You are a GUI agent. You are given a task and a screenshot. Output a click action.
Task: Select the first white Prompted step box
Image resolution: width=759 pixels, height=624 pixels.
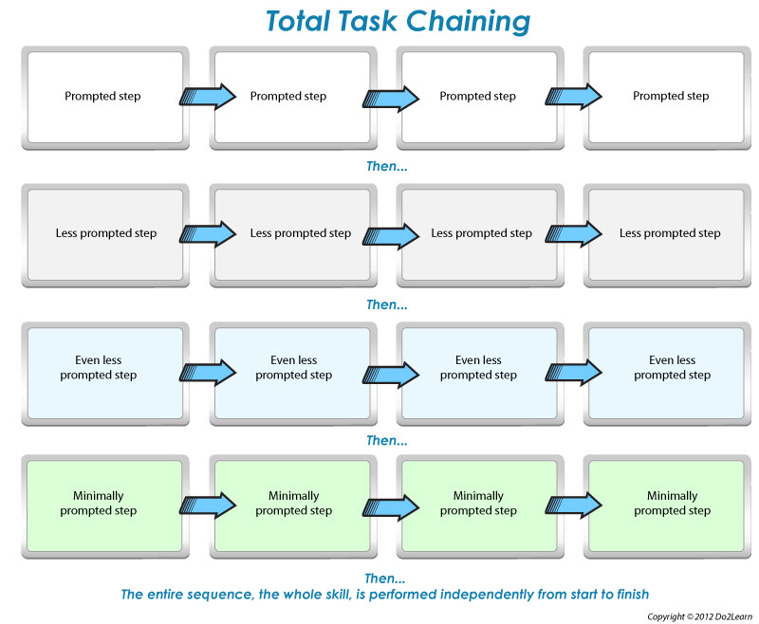[x=102, y=97]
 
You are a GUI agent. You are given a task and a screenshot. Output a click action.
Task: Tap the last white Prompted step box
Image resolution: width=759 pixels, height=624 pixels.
[x=671, y=97]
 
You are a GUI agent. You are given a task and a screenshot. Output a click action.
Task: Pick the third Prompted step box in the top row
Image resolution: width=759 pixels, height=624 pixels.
[x=478, y=97]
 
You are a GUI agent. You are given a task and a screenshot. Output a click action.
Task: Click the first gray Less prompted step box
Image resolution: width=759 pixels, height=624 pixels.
[x=102, y=233]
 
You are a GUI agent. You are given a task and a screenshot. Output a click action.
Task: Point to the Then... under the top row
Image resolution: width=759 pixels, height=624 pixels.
[x=386, y=166]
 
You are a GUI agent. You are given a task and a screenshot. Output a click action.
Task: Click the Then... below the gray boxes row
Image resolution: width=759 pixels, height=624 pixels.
[x=386, y=304]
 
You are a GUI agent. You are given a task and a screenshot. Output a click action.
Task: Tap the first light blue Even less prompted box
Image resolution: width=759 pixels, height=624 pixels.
[x=102, y=368]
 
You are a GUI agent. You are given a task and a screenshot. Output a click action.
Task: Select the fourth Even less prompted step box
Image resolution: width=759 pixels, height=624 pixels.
[x=671, y=368]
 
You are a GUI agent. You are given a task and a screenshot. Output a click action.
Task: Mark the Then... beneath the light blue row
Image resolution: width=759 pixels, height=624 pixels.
[x=386, y=440]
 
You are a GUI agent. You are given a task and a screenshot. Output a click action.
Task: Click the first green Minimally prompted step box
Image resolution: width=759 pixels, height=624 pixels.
[x=102, y=504]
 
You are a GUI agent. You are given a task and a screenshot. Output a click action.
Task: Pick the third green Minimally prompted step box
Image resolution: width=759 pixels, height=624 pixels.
[x=478, y=504]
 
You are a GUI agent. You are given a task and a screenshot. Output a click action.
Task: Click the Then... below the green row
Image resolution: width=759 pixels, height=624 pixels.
[x=386, y=578]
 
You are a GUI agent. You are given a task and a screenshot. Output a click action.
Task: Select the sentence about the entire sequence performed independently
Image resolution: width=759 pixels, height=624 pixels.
[x=385, y=595]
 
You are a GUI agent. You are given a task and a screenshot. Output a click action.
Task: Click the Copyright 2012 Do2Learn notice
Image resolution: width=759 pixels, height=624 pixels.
[x=698, y=616]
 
